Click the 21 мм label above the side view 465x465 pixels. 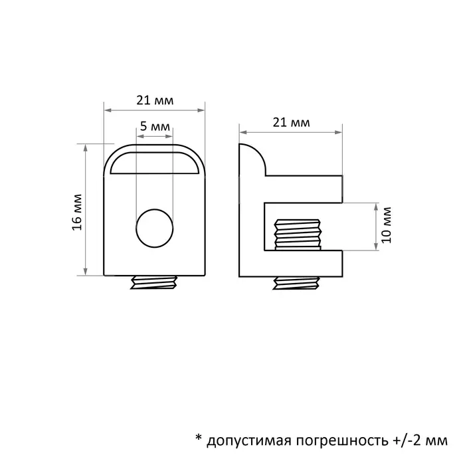291,122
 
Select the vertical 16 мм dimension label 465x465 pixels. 77,212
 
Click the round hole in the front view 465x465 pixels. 154,227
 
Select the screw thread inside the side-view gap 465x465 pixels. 297,236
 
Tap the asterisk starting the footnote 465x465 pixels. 197,438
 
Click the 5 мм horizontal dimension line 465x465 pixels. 154,136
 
